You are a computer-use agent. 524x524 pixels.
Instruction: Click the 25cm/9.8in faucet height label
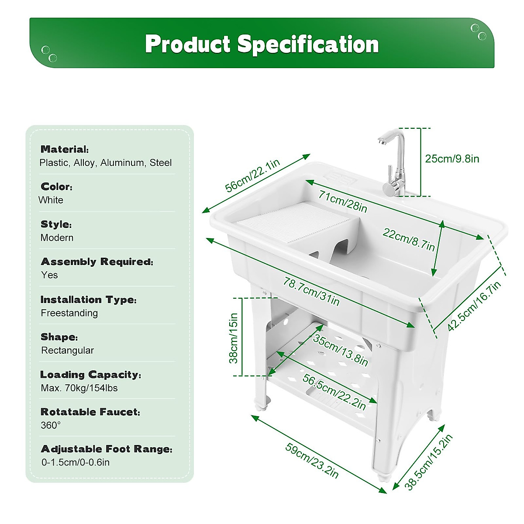tap(452, 159)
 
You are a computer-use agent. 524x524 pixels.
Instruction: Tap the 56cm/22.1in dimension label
tap(252, 176)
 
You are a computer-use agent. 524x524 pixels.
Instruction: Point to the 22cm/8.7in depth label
tap(409, 239)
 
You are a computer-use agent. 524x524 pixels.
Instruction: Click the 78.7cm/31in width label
tap(311, 291)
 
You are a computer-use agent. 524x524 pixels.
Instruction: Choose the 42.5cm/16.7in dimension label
tap(474, 306)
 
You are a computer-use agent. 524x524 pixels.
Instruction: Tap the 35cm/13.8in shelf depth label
tap(341, 351)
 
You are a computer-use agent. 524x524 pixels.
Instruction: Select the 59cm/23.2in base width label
tap(312, 460)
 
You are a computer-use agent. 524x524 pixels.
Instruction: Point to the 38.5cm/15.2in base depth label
tap(429, 462)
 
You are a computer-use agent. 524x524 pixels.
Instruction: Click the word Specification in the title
tap(308, 44)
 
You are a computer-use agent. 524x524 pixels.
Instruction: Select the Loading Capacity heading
tap(90, 375)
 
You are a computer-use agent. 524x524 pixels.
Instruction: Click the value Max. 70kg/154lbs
tap(79, 388)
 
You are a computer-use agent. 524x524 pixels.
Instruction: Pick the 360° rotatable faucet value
tap(51, 425)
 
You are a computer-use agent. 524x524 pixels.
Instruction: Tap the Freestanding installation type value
tap(69, 313)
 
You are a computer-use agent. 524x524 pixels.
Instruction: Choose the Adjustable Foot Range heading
tap(106, 449)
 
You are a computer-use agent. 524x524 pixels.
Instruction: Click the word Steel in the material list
tap(161, 163)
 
